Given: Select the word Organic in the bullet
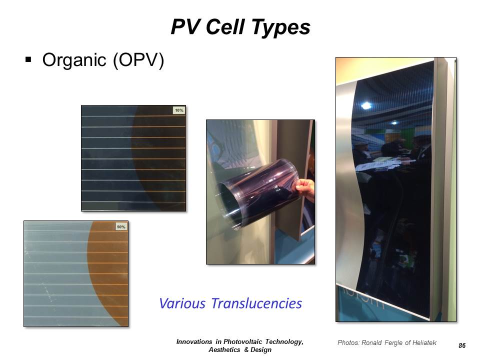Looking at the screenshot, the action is [74, 60].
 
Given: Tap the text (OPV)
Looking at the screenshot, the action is [138, 60].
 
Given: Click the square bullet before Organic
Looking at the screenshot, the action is [28, 59].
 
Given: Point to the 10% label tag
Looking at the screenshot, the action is [179, 110].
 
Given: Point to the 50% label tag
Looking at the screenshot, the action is [121, 227].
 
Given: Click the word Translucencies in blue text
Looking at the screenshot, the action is [256, 303].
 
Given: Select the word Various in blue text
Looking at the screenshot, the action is [182, 303].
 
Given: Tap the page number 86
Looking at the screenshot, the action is [462, 345].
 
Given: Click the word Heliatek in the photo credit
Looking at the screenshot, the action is [424, 342].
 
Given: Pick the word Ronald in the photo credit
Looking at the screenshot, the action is [371, 342].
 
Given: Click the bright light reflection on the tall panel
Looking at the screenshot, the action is [366, 106].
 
